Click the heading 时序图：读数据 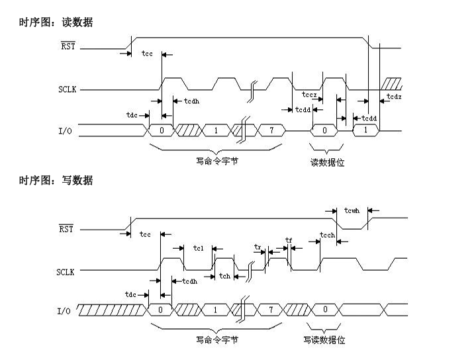[x=56, y=22]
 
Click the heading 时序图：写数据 [x=56, y=181]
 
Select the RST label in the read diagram [x=67, y=46]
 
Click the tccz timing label [x=309, y=95]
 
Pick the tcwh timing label [x=352, y=210]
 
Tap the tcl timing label [x=198, y=248]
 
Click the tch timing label [x=225, y=277]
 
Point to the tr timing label [x=258, y=246]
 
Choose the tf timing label [x=288, y=240]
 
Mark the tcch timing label [x=327, y=235]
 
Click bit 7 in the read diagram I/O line [x=271, y=130]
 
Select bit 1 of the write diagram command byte [x=215, y=309]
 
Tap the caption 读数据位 [x=327, y=163]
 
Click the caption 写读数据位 [x=324, y=340]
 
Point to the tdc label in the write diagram [x=131, y=294]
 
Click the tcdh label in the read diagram [x=191, y=101]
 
